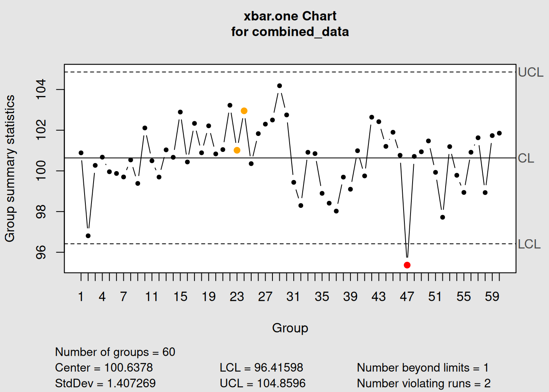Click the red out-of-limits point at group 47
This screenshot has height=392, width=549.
[407, 265]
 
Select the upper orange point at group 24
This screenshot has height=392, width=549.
[244, 111]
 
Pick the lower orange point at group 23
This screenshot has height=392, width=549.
[237, 150]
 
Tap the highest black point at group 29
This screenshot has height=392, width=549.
[279, 86]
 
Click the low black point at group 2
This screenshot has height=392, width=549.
[88, 236]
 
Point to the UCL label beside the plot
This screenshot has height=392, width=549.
[530, 72]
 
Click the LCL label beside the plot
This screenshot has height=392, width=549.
[529, 244]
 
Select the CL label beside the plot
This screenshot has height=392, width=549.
[526, 158]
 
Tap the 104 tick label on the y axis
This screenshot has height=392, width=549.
[41, 89]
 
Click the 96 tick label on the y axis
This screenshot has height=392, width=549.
[41, 252]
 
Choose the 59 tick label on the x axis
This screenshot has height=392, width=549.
[492, 296]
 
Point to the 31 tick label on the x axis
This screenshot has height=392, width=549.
[293, 296]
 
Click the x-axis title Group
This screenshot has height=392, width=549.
[290, 328]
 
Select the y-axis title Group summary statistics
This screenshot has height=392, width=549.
[10, 168]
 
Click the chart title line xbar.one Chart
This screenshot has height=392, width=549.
[290, 16]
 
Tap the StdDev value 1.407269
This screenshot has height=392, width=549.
[131, 383]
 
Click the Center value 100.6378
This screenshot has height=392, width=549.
[128, 367]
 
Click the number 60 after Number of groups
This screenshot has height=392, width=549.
[169, 352]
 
